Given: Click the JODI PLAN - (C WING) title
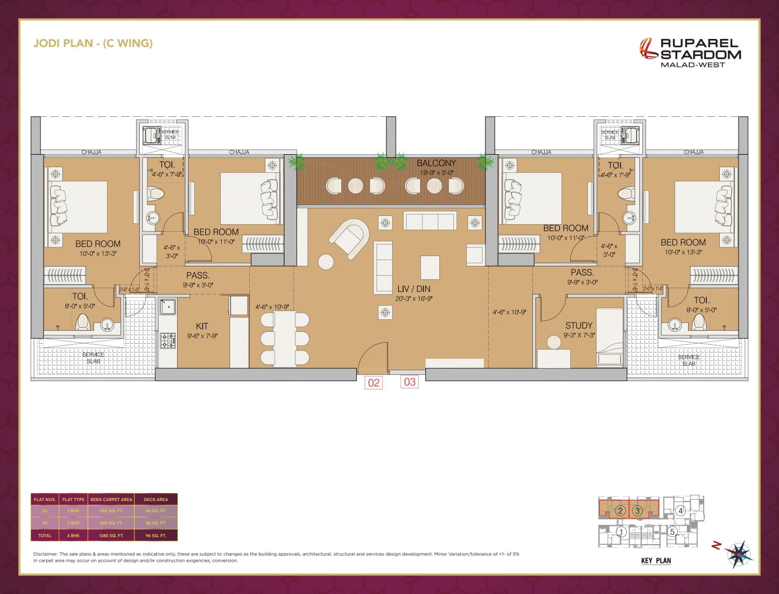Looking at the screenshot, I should (x=93, y=43).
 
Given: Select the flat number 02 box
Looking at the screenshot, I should (x=373, y=383).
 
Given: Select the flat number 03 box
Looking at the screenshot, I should (x=410, y=382).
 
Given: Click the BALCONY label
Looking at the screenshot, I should (x=436, y=163).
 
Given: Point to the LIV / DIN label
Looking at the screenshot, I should (x=413, y=289).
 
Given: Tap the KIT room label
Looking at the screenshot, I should (x=202, y=326).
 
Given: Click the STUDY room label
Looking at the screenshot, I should (x=579, y=326).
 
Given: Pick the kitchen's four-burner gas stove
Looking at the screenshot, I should (x=168, y=341).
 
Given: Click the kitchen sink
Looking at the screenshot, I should (x=168, y=306).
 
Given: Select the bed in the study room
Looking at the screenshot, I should (x=609, y=337).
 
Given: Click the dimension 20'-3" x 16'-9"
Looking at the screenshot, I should (x=414, y=299).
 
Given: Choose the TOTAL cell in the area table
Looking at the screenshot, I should (x=45, y=535).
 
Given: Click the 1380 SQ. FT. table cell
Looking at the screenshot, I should (x=111, y=535).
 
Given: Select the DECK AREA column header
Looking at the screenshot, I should (x=156, y=500).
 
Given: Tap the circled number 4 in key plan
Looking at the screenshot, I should (x=681, y=511).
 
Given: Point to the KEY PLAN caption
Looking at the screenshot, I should (x=656, y=561).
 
